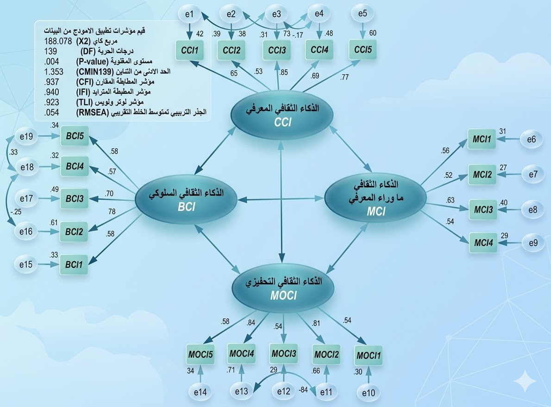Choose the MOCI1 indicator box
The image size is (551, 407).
tap(369, 356)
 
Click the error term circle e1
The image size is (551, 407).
tap(189, 14)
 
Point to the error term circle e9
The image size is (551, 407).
tap(533, 243)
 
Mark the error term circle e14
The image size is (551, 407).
tap(200, 391)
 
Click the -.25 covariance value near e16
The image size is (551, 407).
tap(16, 212)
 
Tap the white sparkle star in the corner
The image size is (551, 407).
tap(525, 382)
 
